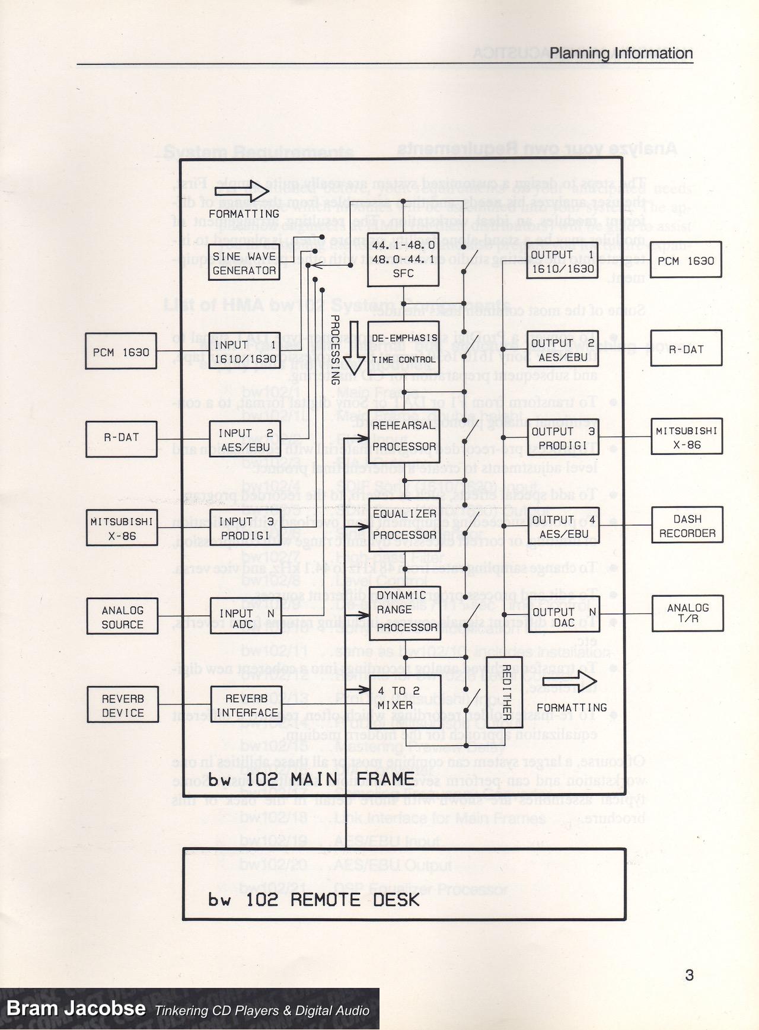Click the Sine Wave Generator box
244,263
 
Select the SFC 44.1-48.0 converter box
403,259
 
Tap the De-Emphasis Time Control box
403,348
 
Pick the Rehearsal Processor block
404,436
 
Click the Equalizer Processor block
404,524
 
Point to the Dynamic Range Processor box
404,611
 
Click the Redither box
505,692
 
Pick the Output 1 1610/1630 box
562,261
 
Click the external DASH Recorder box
687,526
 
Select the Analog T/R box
687,613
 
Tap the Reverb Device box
123,705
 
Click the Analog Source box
122,617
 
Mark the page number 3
689,974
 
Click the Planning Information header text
621,53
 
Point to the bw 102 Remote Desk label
314,900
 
